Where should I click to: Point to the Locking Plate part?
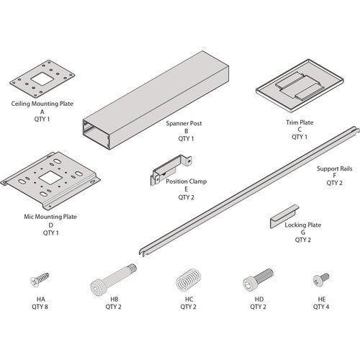click(284, 217)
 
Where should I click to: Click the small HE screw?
click(318, 279)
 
